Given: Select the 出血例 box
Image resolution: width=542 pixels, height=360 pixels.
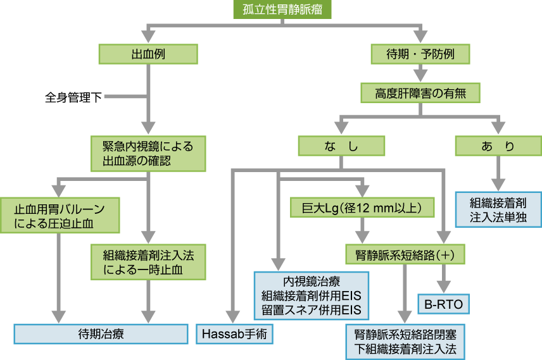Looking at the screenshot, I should click(x=149, y=54).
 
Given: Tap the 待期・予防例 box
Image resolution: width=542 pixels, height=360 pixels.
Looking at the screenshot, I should click(x=420, y=54).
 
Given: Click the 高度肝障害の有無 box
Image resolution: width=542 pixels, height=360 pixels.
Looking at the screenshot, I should click(x=420, y=93).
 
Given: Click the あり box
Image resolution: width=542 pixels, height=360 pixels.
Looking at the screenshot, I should click(x=498, y=146).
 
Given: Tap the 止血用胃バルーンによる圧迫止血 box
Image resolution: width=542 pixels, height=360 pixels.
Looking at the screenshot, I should click(x=60, y=215).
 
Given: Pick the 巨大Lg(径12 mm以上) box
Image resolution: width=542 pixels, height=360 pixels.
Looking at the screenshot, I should click(x=363, y=207).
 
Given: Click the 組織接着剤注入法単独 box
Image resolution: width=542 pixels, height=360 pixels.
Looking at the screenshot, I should click(x=498, y=209).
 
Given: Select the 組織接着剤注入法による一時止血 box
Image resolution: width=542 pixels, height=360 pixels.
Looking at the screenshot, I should click(x=148, y=261).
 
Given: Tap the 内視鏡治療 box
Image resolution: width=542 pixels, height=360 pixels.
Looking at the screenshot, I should click(x=311, y=295).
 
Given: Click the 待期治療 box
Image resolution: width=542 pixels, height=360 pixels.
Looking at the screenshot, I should click(x=101, y=334).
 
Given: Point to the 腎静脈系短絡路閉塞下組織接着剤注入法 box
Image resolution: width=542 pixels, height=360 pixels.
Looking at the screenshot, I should click(x=405, y=342).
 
